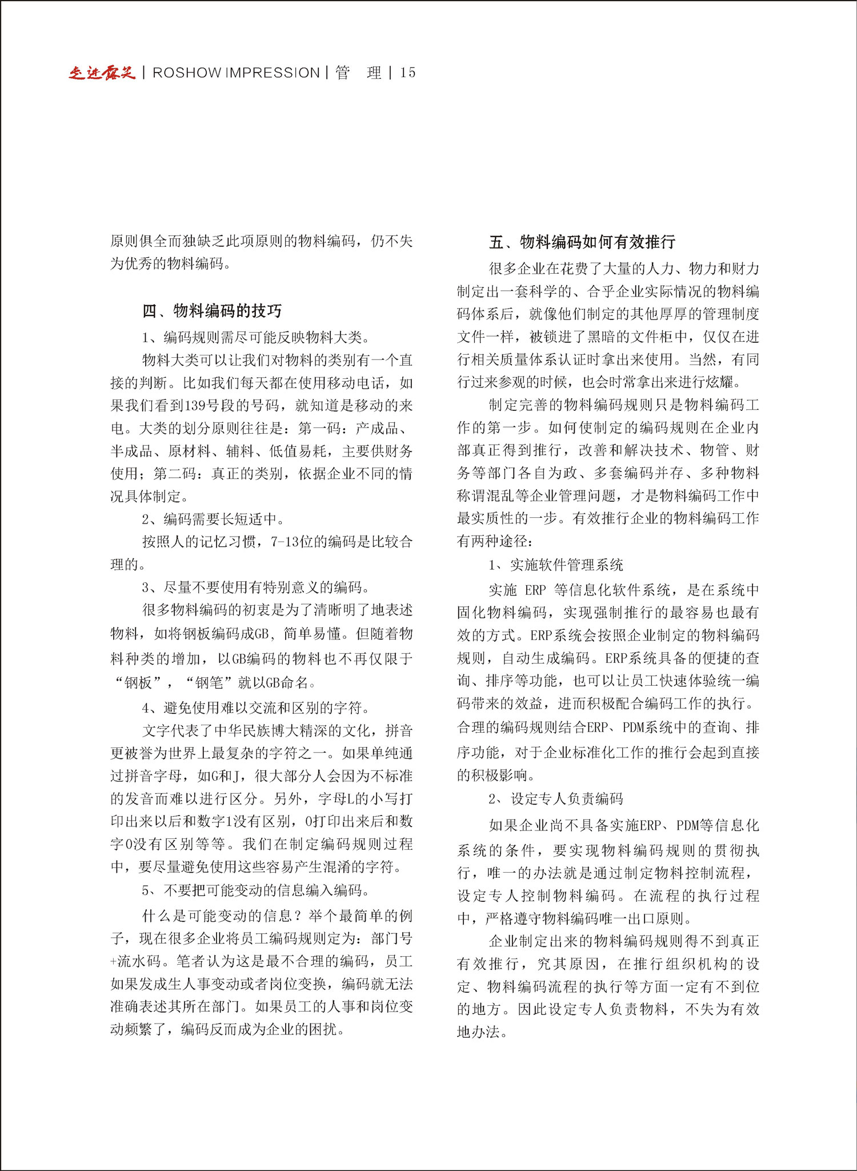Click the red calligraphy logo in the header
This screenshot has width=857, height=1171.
102,73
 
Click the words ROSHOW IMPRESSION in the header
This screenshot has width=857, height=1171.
236,73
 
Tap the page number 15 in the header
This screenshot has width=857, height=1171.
408,73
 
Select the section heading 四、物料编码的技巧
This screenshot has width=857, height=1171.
212,311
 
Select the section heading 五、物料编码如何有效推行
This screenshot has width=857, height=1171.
582,242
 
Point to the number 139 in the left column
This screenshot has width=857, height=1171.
195,406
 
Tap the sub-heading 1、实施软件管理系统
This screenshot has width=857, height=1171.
555,565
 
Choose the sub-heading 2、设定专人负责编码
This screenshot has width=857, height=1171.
555,798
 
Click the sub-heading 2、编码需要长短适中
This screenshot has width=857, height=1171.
213,519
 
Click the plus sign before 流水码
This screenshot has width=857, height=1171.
113,962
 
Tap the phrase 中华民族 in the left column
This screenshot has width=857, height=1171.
249,731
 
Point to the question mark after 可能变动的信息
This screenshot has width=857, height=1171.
298,916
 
